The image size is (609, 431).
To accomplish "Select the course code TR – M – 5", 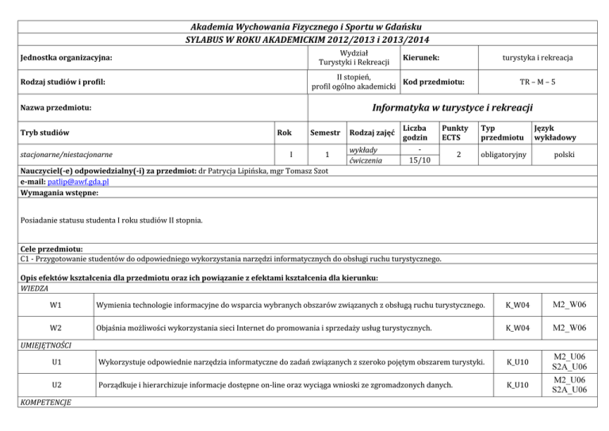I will (x=542, y=81).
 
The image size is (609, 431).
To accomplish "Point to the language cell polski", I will (x=564, y=154).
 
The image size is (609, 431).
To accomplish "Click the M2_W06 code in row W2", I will (x=570, y=328).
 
